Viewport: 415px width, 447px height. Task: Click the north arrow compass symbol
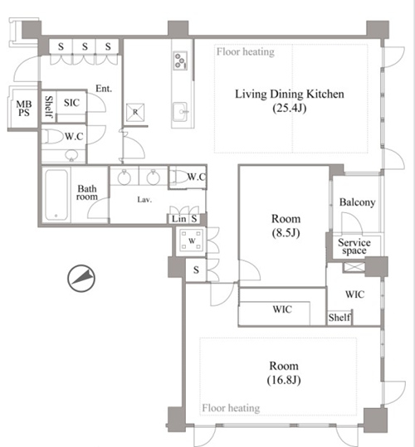pos(81,279)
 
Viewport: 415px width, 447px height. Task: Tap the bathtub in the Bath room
pos(56,194)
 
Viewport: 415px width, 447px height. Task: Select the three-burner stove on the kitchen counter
pos(180,61)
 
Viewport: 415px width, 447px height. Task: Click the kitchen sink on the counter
pos(180,112)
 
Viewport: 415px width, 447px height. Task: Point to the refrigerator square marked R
pos(135,112)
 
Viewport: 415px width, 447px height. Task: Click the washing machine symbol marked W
pos(192,241)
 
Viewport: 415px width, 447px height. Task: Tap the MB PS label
pos(24,109)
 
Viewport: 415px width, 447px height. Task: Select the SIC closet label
pos(71,103)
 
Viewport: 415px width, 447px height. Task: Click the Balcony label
pos(357,202)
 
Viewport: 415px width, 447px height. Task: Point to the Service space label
pos(354,246)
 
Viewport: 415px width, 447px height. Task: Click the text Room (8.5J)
pos(286,226)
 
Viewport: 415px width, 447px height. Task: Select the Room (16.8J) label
pos(284,373)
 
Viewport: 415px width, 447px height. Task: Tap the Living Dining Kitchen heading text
pos(290,94)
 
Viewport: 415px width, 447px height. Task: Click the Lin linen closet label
pos(178,219)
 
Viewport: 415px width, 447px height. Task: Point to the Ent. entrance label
pos(104,89)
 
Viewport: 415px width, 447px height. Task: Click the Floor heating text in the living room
pos(246,52)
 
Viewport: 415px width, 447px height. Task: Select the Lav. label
pos(144,200)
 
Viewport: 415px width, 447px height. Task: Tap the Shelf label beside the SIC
pos(49,106)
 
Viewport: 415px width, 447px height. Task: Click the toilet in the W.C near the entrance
pos(53,137)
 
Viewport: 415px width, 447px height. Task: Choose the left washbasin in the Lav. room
pos(124,177)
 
